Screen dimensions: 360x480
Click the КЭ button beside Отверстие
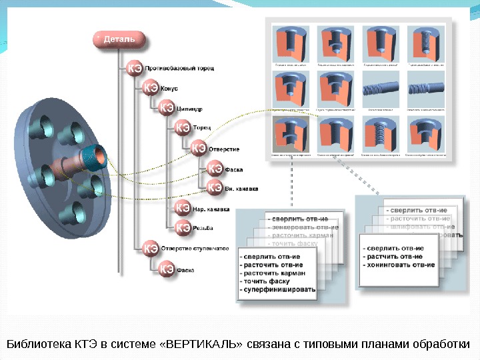(199, 147)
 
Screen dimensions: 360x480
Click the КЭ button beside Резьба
(182, 227)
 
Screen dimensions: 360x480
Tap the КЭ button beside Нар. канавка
(182, 209)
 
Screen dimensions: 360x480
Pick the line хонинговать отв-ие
(399, 265)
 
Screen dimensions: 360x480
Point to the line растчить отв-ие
(393, 257)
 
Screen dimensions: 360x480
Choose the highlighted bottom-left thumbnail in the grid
(291, 134)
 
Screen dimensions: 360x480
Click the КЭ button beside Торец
(182, 127)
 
